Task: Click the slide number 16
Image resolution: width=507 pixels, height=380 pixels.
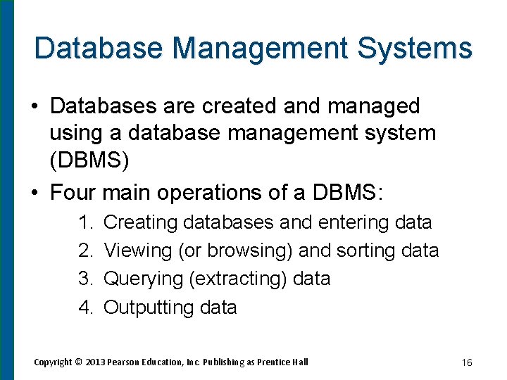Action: (x=467, y=362)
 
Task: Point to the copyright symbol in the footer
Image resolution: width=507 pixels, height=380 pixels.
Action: (x=78, y=362)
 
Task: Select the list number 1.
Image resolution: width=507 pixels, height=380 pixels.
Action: (x=86, y=222)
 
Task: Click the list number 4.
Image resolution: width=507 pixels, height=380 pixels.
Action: (x=86, y=308)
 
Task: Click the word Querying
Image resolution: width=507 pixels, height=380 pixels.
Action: (x=144, y=279)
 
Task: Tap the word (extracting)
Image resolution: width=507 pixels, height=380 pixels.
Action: (x=238, y=279)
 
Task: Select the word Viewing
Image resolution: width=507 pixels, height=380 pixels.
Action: (x=138, y=251)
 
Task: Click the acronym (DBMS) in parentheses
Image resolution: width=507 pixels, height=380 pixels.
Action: (x=89, y=161)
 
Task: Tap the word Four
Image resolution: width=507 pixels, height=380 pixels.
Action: (x=73, y=191)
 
